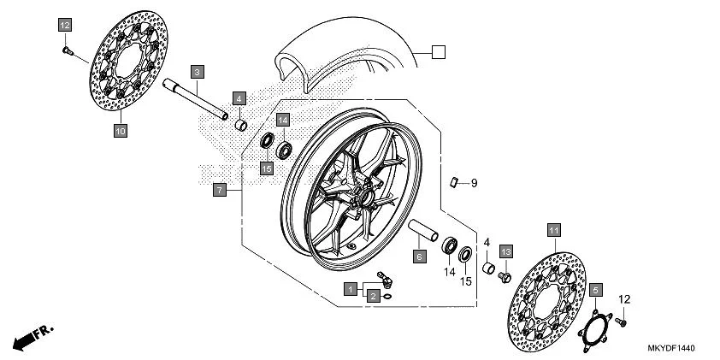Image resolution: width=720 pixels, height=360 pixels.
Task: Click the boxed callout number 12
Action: pos(65,26)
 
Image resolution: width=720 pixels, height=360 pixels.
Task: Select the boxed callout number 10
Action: pos(121,131)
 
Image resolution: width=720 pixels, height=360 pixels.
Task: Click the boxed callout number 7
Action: pos(220,190)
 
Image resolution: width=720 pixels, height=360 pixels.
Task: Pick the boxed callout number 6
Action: pos(419,256)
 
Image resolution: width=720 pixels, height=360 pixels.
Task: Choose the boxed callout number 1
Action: pos(351,291)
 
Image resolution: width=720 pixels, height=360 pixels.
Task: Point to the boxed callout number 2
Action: pos(374,295)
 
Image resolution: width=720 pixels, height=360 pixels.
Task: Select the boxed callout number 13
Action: pos(505,251)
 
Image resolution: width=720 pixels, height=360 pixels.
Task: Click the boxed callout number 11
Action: pos(553,231)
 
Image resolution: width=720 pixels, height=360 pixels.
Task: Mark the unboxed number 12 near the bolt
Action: pos(623,298)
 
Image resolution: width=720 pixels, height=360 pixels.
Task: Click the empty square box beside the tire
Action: pos(438,52)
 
